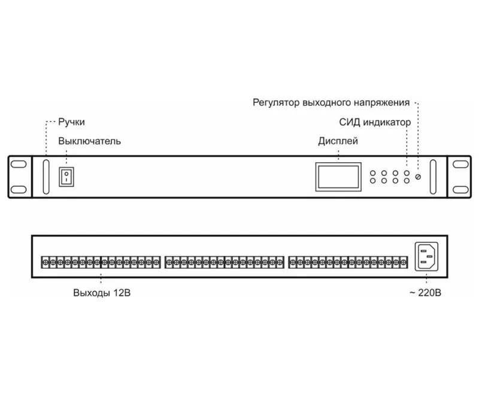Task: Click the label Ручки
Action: click(x=71, y=122)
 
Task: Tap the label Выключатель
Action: click(x=89, y=141)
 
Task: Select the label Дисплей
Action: click(x=338, y=141)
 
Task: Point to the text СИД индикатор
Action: click(x=375, y=122)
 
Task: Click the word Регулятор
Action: click(x=276, y=102)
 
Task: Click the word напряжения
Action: click(x=381, y=102)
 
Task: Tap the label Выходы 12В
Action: click(x=102, y=293)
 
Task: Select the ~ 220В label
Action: click(x=425, y=293)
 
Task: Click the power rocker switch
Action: click(x=66, y=177)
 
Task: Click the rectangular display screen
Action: click(x=338, y=177)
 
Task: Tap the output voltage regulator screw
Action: click(x=418, y=177)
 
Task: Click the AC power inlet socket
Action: click(x=426, y=257)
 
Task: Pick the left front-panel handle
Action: click(x=46, y=177)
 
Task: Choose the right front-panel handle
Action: click(x=433, y=177)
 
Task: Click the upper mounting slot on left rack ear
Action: click(x=19, y=164)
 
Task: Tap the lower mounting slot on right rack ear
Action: click(x=460, y=190)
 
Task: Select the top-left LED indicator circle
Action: click(x=372, y=173)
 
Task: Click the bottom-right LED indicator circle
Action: click(x=407, y=181)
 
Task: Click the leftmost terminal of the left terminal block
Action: click(x=46, y=262)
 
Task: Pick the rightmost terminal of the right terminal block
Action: click(x=404, y=262)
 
